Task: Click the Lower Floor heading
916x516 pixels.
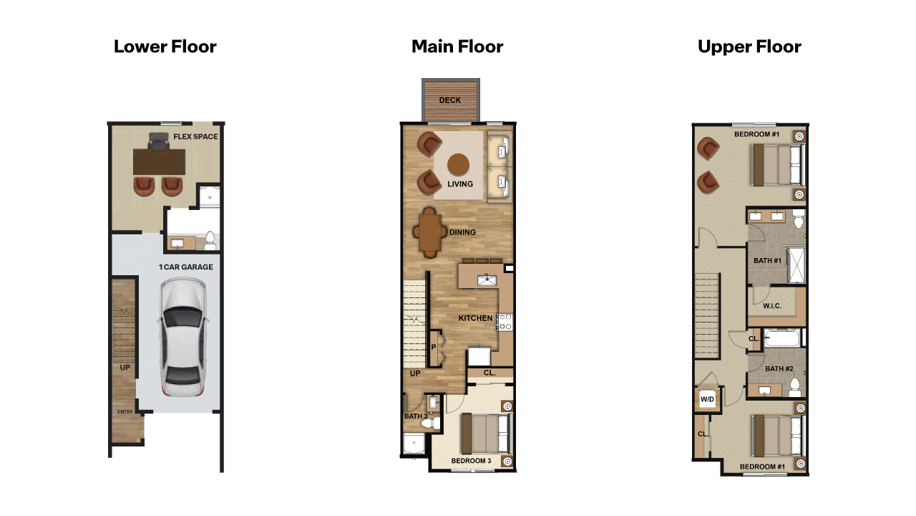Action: (x=165, y=47)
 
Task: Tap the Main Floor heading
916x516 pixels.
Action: (x=457, y=47)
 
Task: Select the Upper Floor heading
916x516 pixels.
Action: (x=749, y=47)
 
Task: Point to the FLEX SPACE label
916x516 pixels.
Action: (x=195, y=136)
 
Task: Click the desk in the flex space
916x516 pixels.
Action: (x=158, y=161)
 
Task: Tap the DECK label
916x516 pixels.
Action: (x=450, y=100)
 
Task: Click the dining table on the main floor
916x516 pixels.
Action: (x=431, y=232)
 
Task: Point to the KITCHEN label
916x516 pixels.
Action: (x=475, y=318)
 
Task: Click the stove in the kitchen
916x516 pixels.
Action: (x=505, y=322)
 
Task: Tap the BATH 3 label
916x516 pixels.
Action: (x=414, y=416)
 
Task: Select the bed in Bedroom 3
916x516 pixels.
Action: (x=487, y=434)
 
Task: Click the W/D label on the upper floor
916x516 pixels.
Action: (x=707, y=399)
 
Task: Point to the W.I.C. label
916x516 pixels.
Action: (x=771, y=307)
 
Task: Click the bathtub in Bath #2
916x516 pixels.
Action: (x=782, y=338)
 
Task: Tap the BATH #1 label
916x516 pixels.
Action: (x=767, y=261)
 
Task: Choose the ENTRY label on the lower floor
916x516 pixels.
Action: (x=125, y=412)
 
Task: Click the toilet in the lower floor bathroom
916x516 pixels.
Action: (x=210, y=240)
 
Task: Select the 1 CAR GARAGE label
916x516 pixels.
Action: (x=185, y=267)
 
